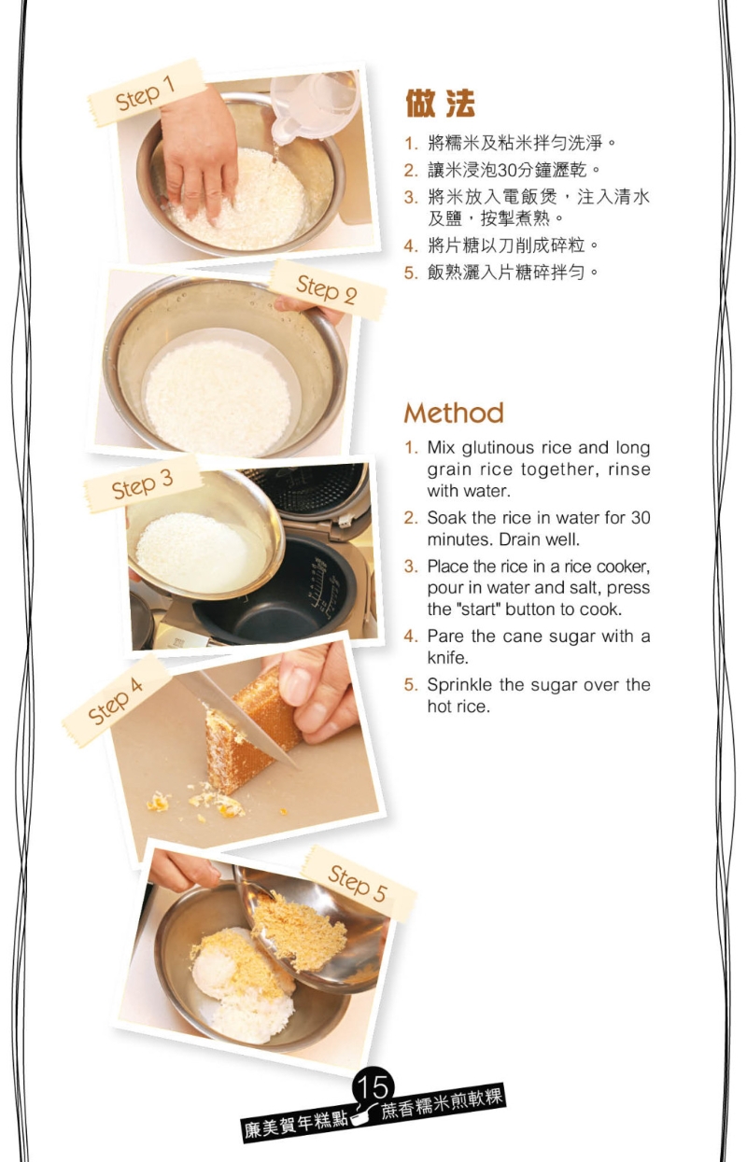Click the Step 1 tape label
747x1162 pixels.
146,92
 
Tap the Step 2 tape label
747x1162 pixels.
327,290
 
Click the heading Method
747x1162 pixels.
454,413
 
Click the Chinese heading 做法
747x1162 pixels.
440,104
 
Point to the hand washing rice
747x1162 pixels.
200,156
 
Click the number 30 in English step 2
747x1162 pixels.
641,518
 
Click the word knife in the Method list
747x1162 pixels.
447,658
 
